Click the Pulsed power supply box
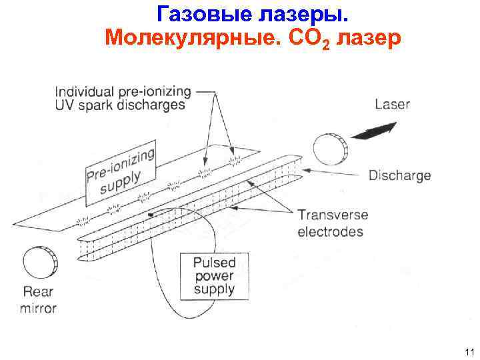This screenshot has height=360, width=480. coord(213,275)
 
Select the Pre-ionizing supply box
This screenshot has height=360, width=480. coord(121,170)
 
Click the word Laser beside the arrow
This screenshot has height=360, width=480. coord(392,105)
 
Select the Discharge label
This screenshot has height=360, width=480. coord(399,176)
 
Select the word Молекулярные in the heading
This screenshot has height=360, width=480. coord(175,37)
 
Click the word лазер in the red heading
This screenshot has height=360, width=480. coord(369,38)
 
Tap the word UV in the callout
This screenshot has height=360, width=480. coord(65,105)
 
